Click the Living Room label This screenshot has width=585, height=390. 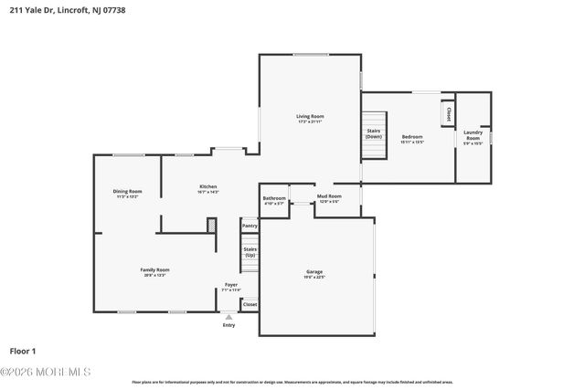tap(310, 117)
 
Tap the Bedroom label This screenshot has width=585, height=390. tap(412, 138)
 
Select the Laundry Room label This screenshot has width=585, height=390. tap(472, 135)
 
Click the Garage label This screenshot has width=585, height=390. tap(314, 271)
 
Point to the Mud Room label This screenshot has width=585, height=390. tap(329, 196)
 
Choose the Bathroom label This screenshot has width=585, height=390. tap(274, 198)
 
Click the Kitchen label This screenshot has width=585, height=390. tap(208, 187)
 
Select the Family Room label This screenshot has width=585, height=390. tap(154, 269)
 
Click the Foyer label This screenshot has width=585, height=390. tap(231, 285)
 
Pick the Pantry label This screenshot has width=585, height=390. tap(250, 225)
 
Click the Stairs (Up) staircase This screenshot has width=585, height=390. tap(250, 251)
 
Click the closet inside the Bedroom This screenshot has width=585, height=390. tap(449, 114)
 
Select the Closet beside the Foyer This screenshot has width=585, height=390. tap(250, 304)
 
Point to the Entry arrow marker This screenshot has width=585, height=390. tap(229, 317)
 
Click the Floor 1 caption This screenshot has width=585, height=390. tap(23, 350)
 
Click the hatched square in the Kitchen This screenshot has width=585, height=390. tap(212, 224)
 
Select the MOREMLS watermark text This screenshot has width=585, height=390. tap(46, 372)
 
